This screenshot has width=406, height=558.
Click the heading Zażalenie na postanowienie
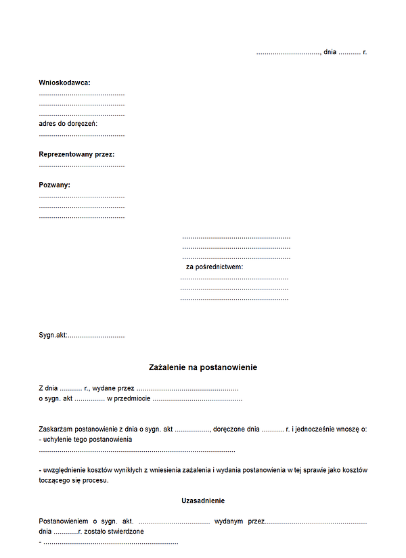pos(203,367)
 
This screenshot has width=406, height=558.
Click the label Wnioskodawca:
pos(64,83)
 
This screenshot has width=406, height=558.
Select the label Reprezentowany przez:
pos(76,154)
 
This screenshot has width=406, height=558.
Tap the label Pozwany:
pos(54,185)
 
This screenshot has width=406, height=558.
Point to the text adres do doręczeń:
pos(68,124)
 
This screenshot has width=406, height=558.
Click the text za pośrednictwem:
pos(215,267)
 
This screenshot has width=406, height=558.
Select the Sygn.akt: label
pos(53,335)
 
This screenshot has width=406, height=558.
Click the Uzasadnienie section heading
pos(203,501)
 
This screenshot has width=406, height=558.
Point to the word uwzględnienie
pos(65,470)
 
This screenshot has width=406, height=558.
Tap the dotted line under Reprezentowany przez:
pos(81,165)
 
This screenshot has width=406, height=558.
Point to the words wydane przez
pos(113,389)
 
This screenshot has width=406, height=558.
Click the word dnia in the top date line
pos(330,52)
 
